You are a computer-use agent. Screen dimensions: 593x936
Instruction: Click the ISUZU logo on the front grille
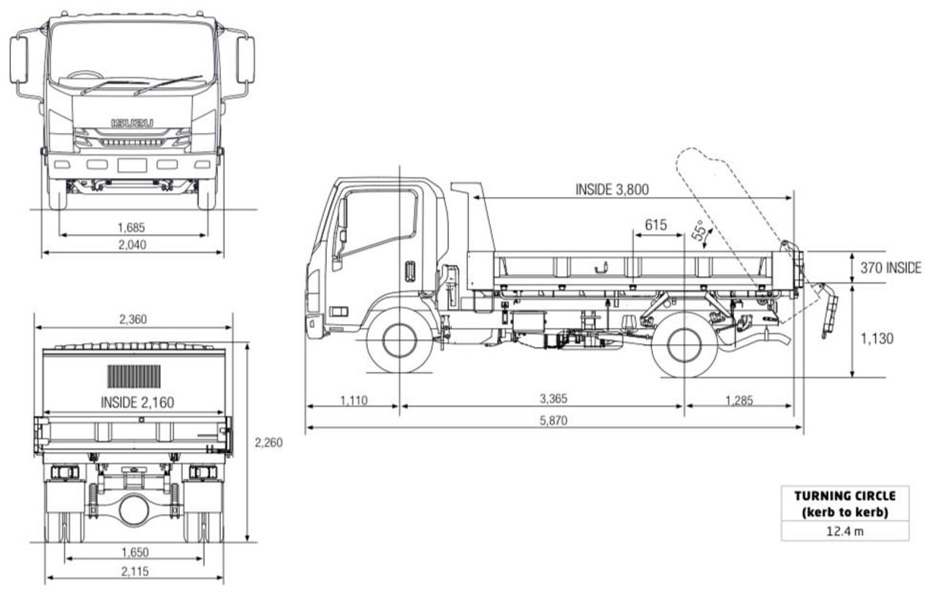coord(132,122)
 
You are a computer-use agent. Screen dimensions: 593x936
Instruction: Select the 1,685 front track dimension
coord(132,227)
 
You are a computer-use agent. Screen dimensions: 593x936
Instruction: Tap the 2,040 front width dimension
coord(132,245)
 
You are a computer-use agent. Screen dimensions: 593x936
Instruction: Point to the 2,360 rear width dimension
coord(132,319)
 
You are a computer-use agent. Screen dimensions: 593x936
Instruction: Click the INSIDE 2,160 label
coord(137,401)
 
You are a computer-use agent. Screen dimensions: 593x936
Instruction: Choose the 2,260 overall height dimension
coord(268,442)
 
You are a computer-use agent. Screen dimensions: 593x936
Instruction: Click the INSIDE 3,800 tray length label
coord(611,189)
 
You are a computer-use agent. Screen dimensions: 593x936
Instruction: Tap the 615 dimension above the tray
coord(655,225)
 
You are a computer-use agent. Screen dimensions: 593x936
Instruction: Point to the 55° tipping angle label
coord(701,233)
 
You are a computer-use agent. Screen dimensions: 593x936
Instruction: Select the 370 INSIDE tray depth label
coord(890,268)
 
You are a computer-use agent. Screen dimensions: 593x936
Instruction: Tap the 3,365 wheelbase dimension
coord(553,399)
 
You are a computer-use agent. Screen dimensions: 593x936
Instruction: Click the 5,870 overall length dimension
coord(553,420)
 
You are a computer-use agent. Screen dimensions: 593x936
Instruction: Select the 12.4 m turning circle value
coord(845,531)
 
